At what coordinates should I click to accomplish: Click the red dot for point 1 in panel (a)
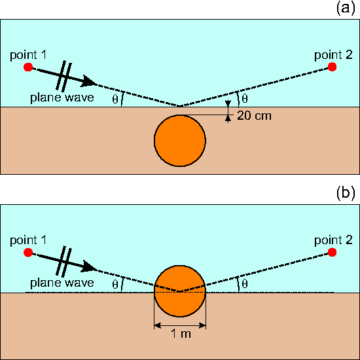(x=28, y=67)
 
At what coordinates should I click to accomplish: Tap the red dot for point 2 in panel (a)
(x=332, y=67)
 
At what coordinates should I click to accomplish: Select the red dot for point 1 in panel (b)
(x=28, y=252)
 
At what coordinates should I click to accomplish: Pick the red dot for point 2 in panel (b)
(x=332, y=252)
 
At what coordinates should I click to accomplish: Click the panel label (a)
(x=346, y=9)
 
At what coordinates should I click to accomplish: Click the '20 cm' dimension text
(x=254, y=116)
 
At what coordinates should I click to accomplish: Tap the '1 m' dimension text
(x=181, y=334)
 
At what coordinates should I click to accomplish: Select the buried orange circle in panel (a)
(x=180, y=141)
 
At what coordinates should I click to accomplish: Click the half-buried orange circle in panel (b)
(x=180, y=291)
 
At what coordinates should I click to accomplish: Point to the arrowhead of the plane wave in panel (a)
(x=88, y=82)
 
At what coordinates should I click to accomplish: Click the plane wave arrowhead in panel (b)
(x=88, y=266)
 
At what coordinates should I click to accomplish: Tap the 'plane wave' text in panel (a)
(x=62, y=98)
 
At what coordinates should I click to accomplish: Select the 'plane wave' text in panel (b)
(x=62, y=283)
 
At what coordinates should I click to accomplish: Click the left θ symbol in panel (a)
(x=115, y=99)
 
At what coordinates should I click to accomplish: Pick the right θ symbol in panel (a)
(x=245, y=99)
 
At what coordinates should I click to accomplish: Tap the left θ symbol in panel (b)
(x=115, y=285)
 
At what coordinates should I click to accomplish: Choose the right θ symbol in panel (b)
(x=245, y=284)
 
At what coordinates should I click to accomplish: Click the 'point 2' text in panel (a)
(x=333, y=55)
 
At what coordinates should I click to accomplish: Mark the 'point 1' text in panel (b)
(x=28, y=240)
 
